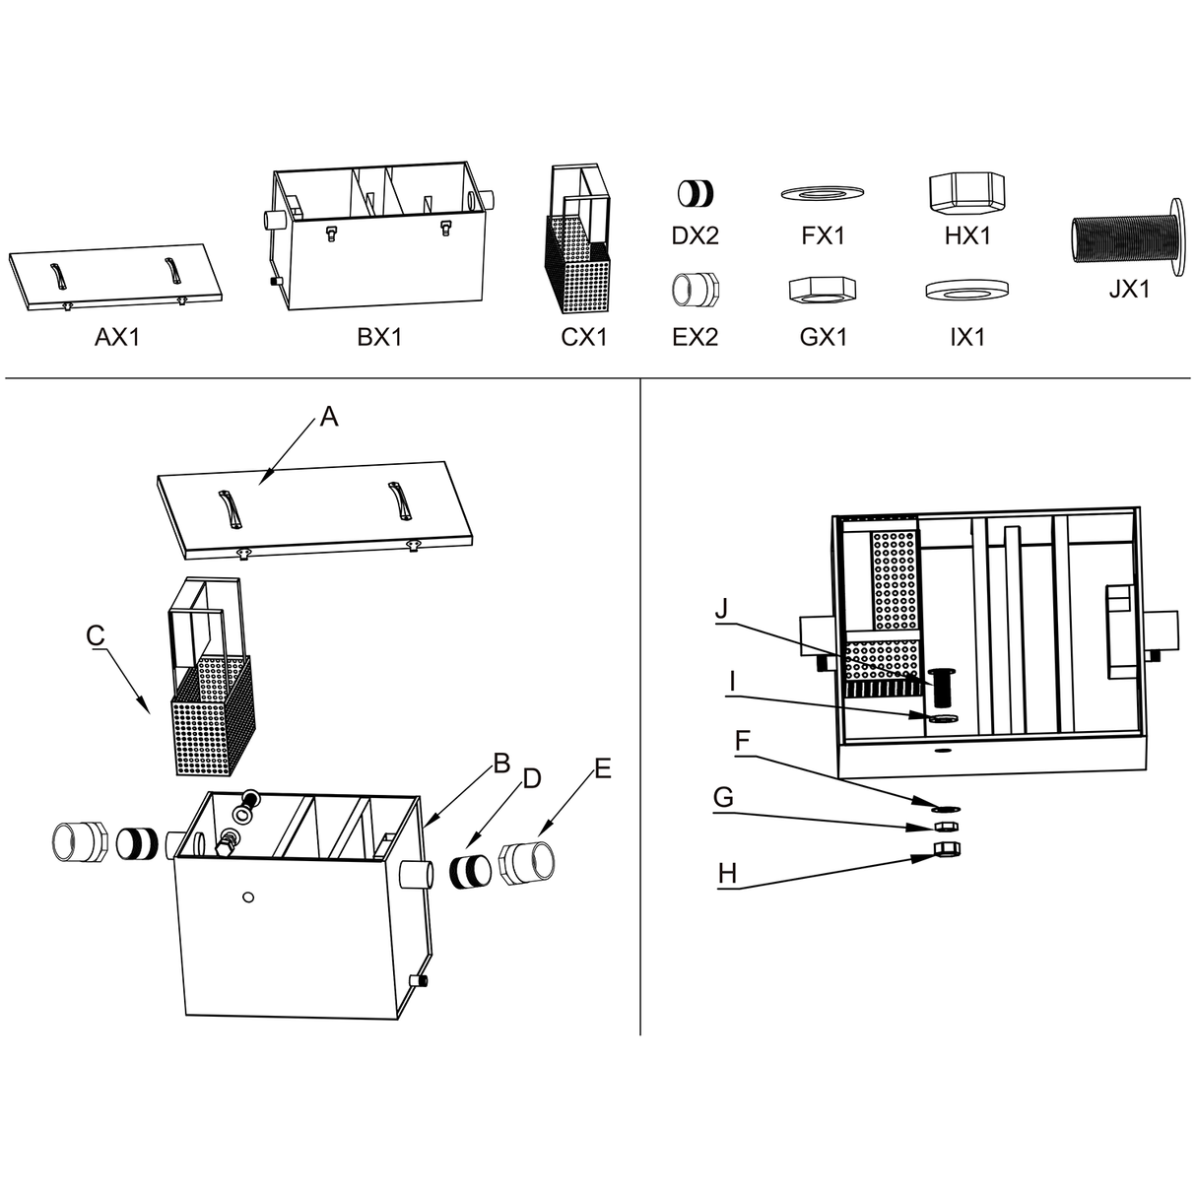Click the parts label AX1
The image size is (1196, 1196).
(117, 337)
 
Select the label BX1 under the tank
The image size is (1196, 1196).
(379, 337)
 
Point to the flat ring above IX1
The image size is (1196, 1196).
(966, 290)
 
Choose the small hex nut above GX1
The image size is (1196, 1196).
(823, 290)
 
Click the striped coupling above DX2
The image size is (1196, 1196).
(697, 193)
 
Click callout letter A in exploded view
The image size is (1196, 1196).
(329, 418)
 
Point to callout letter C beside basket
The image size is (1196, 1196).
(95, 636)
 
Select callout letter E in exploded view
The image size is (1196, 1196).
(603, 768)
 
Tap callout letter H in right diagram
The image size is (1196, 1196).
(727, 873)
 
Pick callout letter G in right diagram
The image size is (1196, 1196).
(723, 797)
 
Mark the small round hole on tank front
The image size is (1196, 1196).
(248, 897)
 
